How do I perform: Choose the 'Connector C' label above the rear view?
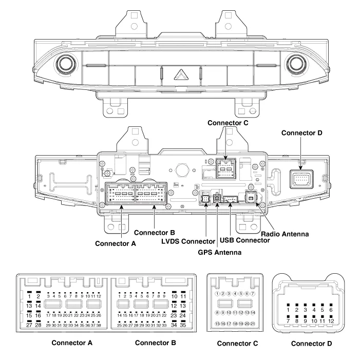227,123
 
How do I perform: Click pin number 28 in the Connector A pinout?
38,325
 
